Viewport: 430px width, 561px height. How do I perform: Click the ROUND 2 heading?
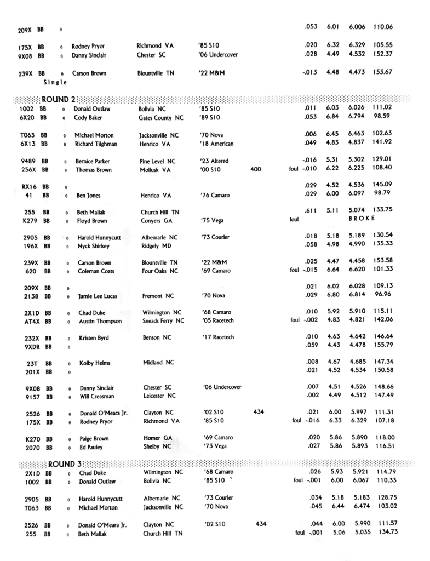point(58,99)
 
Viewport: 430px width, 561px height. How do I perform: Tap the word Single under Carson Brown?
point(55,82)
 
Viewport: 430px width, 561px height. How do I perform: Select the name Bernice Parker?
point(93,161)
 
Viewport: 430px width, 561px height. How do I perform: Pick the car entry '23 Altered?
point(214,161)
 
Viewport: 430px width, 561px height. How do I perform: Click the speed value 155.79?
point(383,347)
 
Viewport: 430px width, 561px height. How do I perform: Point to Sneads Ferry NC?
point(163,321)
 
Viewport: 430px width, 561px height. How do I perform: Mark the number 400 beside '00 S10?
point(256,170)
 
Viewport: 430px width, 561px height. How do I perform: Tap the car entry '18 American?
point(216,144)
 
